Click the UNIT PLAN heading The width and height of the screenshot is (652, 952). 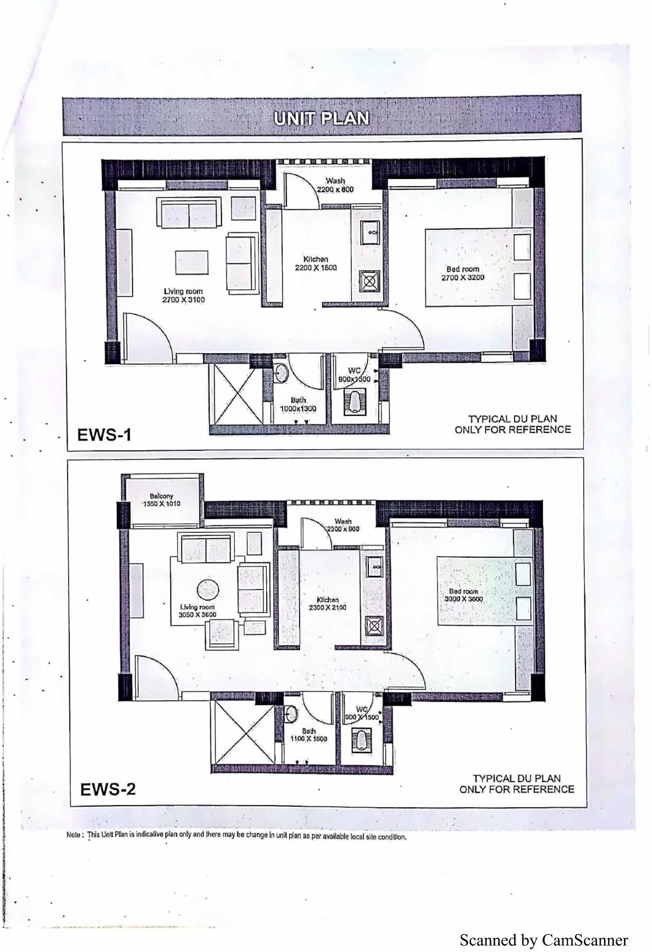[321, 118]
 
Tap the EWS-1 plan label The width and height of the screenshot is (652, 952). [104, 435]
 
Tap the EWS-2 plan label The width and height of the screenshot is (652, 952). [108, 789]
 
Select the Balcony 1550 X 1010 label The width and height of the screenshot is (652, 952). [161, 500]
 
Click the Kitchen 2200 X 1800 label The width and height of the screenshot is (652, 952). [315, 263]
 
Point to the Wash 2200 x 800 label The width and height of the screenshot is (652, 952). [335, 185]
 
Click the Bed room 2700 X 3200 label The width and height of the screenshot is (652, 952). [462, 273]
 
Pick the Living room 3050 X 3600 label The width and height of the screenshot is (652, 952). [197, 611]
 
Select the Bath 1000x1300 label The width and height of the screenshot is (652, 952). [298, 404]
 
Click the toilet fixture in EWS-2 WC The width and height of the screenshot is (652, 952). [362, 741]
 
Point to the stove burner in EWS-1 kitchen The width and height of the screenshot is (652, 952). [368, 281]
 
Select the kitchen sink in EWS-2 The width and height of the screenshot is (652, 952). [374, 567]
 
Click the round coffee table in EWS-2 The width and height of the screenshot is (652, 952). [208, 590]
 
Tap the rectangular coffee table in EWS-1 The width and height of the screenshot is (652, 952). [192, 262]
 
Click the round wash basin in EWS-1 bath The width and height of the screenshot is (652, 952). [281, 372]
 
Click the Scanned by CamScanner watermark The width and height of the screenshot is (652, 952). [544, 940]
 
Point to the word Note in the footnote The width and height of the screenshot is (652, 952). [73, 835]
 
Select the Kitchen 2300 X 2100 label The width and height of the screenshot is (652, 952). [328, 604]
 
